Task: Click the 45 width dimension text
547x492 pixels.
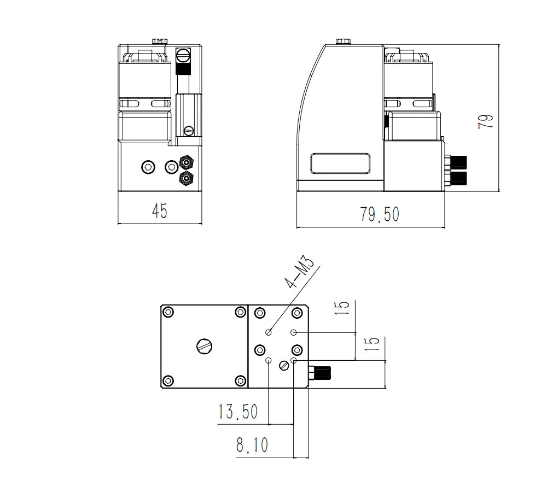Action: pos(160,210)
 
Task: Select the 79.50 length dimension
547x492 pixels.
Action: pos(380,214)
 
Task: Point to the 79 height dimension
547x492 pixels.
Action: pos(485,121)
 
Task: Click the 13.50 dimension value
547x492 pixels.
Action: pos(238,412)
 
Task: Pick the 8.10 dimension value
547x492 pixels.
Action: pos(252,444)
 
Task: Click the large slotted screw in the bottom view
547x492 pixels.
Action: pos(205,347)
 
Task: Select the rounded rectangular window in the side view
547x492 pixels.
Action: pos(340,163)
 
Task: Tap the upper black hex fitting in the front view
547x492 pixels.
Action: pos(187,162)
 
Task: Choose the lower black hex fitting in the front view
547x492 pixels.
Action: pos(187,178)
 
